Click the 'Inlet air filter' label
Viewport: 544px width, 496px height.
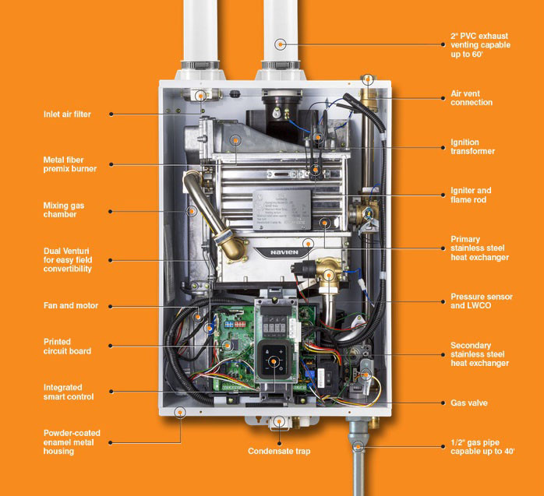(x=67, y=114)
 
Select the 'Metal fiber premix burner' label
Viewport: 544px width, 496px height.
(x=70, y=164)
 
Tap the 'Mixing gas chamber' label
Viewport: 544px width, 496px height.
(x=63, y=210)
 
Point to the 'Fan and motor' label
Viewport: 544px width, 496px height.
(x=71, y=306)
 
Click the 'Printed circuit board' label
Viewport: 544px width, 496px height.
(x=67, y=346)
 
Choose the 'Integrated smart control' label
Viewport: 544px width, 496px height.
(x=69, y=392)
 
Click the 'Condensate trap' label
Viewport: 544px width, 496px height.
(x=278, y=451)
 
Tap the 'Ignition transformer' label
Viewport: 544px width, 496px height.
(x=472, y=147)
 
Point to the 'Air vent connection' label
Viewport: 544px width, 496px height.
(x=472, y=98)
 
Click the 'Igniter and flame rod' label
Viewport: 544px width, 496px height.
(x=471, y=195)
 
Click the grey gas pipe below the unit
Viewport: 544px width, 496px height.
(x=357, y=467)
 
